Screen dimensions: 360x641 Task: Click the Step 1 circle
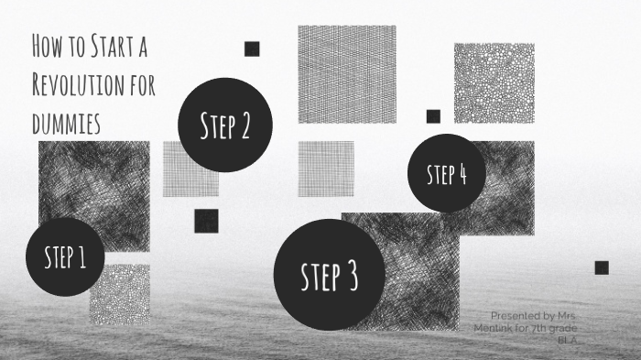click(65, 257)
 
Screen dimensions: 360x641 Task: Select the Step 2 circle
click(224, 125)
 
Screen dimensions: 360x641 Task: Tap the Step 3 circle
click(330, 275)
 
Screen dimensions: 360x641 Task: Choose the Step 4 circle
click(447, 174)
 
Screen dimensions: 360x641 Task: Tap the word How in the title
click(46, 44)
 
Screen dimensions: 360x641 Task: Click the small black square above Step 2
click(252, 49)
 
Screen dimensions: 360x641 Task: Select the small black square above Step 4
click(433, 116)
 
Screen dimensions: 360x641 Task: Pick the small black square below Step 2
click(206, 221)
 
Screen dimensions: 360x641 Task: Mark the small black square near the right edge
click(602, 267)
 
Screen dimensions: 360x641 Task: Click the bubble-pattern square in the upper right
click(494, 82)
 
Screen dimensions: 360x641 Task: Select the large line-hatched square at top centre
click(347, 74)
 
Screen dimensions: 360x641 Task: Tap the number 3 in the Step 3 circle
click(352, 276)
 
